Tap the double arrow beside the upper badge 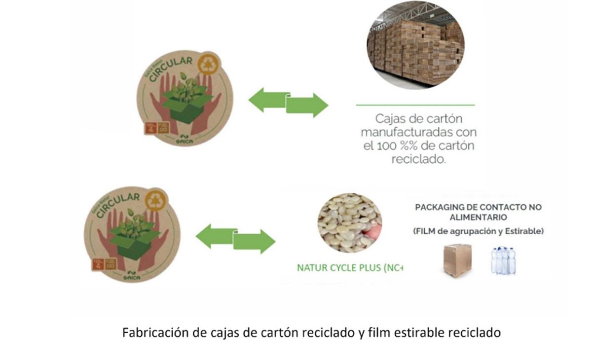coord(288,102)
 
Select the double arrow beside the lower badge coord(235,239)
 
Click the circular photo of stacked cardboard coord(415,46)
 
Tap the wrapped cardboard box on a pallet coord(457,259)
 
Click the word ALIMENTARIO coord(478,217)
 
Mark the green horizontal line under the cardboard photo coord(415,105)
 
